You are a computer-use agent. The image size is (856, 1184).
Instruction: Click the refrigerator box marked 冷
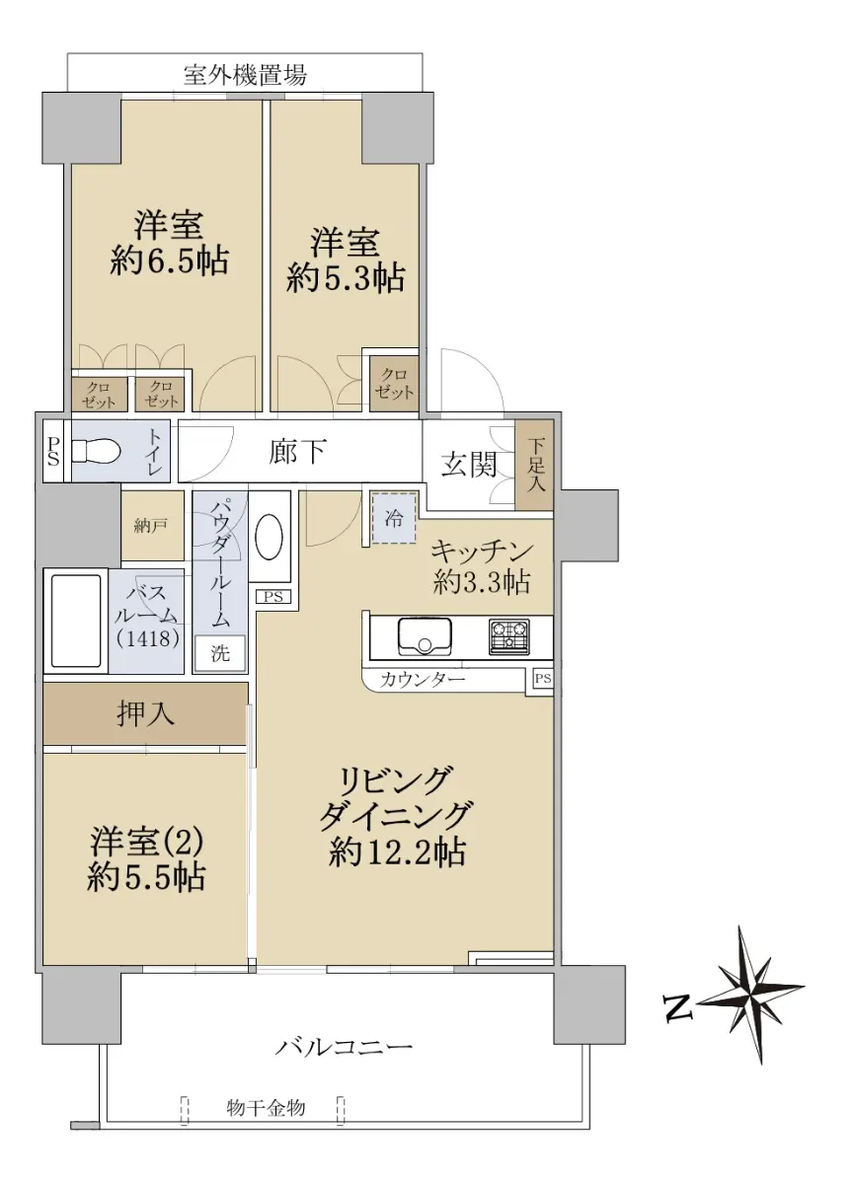coord(394,519)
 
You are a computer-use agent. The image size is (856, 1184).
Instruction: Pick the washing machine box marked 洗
coord(219,653)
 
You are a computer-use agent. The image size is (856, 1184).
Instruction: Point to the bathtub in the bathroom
coord(76,622)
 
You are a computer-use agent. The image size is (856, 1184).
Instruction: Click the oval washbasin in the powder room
coord(269,538)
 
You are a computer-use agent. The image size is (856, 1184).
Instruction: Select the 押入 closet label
coord(144,714)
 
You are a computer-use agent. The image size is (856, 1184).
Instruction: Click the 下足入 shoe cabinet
coord(534,466)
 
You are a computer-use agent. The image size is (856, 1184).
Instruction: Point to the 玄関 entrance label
coord(469,466)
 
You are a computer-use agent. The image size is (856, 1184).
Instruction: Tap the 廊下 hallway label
coord(297,452)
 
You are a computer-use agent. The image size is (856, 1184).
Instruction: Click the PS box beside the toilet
coord(53,451)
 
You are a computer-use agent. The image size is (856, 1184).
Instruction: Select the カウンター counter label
coord(423,679)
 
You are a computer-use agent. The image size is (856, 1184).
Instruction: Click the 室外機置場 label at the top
coord(245,75)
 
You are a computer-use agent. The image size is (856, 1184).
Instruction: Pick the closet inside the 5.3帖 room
coord(394,384)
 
